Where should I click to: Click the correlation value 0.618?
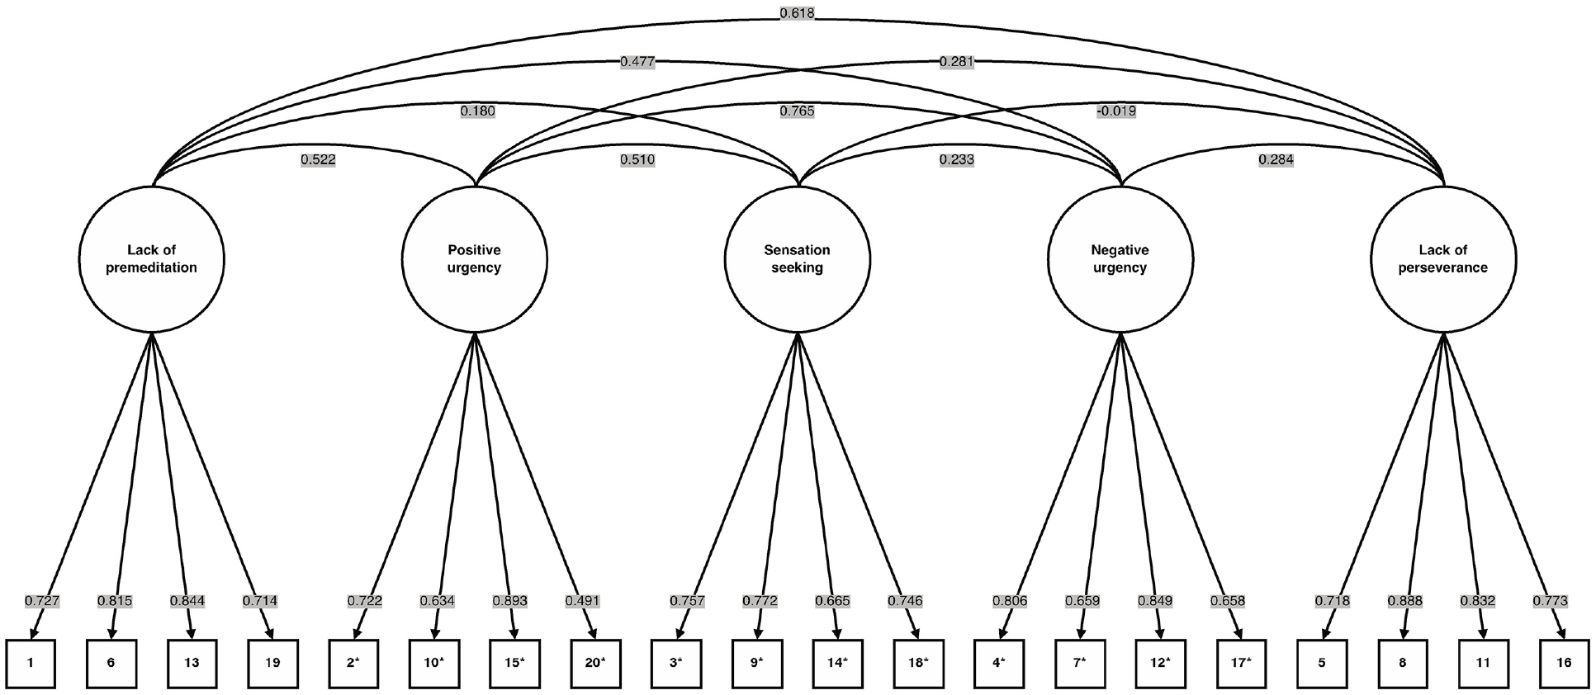coord(797,14)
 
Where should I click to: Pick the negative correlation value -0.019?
coord(1116,111)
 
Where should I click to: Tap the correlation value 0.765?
coord(797,111)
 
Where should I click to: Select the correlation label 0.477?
coord(637,62)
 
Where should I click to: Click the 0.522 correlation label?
coord(318,160)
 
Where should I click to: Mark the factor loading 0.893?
coord(509,601)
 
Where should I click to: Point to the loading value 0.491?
coord(583,601)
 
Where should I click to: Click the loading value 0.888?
coord(1404,601)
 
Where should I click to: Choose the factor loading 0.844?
coord(187,601)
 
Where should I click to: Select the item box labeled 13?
coord(192,663)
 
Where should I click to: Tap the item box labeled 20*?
coord(595,663)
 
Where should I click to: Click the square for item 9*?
coord(756,663)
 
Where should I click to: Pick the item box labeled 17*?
coord(1241,663)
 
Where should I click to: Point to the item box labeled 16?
coord(1564,663)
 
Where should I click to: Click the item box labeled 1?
coord(31,663)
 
